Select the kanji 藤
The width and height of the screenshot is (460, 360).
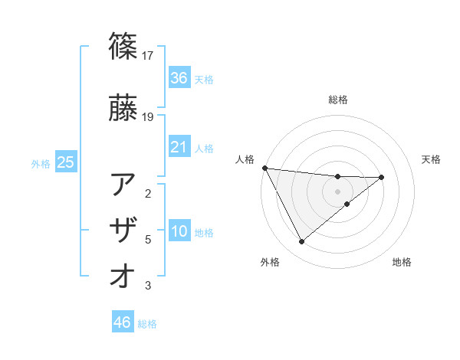tap(124, 109)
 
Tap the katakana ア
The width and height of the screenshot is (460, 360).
tap(124, 185)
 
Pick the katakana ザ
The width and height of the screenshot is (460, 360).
tap(124, 231)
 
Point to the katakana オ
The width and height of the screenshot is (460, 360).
tap(124, 277)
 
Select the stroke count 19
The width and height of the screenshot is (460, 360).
tap(148, 117)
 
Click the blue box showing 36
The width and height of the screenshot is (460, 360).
tap(179, 78)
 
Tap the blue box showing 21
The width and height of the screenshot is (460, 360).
tap(179, 147)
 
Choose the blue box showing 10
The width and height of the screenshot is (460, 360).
tap(179, 231)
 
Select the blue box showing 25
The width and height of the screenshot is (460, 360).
tap(65, 162)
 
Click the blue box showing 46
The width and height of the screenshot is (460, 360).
tap(122, 322)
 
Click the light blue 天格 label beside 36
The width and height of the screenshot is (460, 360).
tap(204, 80)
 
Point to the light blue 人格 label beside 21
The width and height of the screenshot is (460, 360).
tap(204, 149)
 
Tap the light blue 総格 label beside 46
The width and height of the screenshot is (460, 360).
tap(147, 324)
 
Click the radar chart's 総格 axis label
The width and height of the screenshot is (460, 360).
tap(338, 100)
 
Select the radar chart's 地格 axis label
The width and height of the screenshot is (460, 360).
tap(402, 262)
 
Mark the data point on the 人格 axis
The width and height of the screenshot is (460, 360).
tap(264, 168)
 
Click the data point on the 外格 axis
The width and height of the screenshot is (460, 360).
tap(301, 242)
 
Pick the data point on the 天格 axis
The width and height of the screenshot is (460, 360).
tap(382, 178)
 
